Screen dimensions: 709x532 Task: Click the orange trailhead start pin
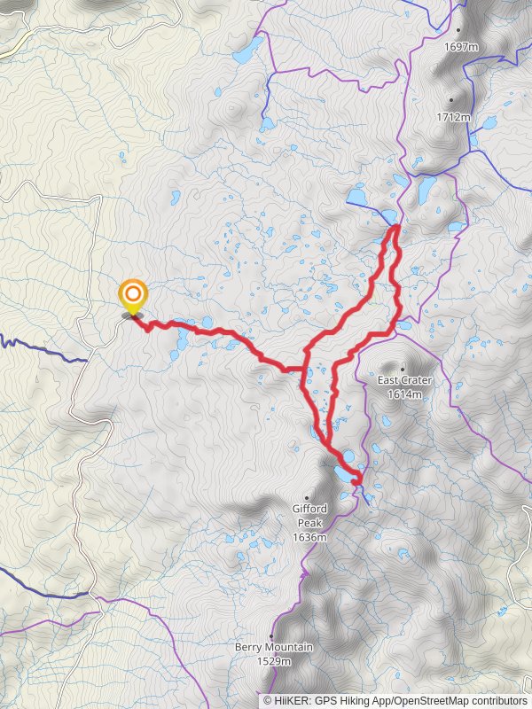(x=133, y=294)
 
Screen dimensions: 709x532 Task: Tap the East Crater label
(x=404, y=380)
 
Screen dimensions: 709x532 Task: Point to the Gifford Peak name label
(x=309, y=515)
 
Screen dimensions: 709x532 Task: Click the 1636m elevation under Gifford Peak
(x=309, y=537)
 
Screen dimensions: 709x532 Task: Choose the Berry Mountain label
(x=274, y=648)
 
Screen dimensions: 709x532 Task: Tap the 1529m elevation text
(x=274, y=660)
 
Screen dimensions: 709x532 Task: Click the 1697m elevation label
(x=462, y=46)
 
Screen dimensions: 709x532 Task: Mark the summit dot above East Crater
(x=403, y=369)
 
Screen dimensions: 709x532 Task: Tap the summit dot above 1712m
(x=452, y=99)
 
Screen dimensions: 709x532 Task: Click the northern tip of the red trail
(x=392, y=228)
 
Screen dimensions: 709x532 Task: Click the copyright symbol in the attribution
(x=267, y=700)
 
